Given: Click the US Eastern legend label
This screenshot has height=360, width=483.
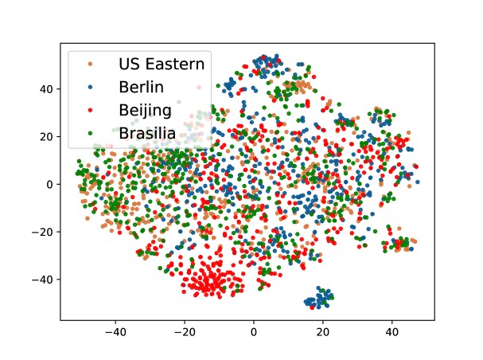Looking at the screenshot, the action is click(162, 64).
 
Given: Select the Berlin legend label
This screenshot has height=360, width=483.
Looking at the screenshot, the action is click(141, 87).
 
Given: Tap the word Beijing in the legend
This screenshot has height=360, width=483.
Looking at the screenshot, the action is click(145, 111).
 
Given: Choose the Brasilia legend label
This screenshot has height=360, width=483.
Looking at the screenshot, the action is click(147, 133).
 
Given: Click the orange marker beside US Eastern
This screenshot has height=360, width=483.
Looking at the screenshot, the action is click(90, 64).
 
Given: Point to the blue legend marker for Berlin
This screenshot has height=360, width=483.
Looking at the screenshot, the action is click(90, 88).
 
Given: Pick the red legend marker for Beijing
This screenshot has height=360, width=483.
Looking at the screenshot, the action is click(90, 110).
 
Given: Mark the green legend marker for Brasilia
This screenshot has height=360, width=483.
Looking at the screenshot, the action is click(90, 133).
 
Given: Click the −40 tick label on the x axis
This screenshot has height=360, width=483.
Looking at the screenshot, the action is click(115, 332).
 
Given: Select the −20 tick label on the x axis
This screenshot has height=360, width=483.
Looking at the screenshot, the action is click(184, 332).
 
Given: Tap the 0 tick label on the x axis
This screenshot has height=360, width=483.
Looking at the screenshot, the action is click(254, 332).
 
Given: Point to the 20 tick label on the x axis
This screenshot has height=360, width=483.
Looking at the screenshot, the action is click(322, 332).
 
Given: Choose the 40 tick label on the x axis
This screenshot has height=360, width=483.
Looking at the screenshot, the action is click(391, 332).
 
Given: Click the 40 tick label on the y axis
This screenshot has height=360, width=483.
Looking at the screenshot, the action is click(45, 89).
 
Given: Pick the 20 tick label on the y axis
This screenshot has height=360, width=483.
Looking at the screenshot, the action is click(45, 136).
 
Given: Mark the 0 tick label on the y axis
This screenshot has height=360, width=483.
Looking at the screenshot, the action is click(49, 184).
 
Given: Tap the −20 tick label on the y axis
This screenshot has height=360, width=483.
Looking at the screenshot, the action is click(42, 232).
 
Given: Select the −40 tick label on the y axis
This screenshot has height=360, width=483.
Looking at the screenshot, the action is click(42, 280).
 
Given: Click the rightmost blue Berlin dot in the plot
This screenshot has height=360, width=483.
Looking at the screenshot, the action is click(418, 182).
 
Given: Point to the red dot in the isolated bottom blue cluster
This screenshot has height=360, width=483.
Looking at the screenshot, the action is click(312, 307).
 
